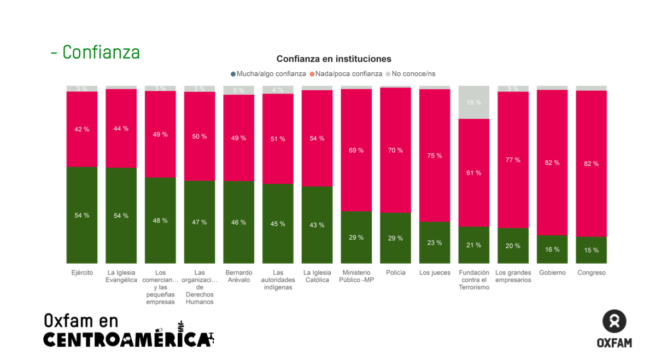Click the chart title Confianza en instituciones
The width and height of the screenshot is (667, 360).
333,59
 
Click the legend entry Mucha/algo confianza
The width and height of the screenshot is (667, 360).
268,74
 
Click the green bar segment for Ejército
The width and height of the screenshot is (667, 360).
82,215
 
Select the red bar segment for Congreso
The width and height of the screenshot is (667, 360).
591,164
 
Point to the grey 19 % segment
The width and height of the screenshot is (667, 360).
474,102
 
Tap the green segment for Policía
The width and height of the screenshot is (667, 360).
395,238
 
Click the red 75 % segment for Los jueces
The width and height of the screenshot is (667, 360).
435,155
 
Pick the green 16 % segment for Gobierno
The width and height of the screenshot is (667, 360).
552,249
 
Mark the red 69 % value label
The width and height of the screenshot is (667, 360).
356,150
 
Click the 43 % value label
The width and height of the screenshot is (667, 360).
317,225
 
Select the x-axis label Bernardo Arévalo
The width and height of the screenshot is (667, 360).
239,276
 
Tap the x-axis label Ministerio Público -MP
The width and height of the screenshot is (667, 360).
356,276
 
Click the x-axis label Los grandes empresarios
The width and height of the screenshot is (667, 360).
513,276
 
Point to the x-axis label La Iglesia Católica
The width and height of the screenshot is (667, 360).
317,276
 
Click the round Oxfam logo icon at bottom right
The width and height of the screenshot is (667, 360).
614,321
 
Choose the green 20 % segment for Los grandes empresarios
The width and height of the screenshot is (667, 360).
513,246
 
